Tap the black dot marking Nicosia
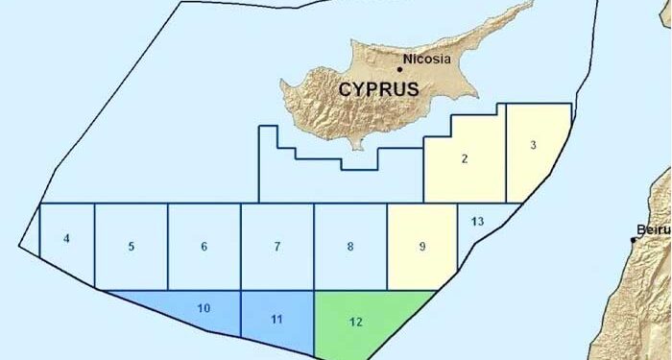click(400, 68)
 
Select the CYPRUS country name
click(379, 89)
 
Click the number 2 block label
click(465, 158)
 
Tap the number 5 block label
click(132, 247)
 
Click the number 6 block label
click(204, 247)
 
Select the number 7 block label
click(277, 247)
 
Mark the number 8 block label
click(350, 247)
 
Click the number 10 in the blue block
click(203, 308)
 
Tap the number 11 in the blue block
click(276, 318)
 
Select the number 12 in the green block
click(356, 322)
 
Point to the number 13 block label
click(477, 222)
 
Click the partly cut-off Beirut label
click(653, 230)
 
